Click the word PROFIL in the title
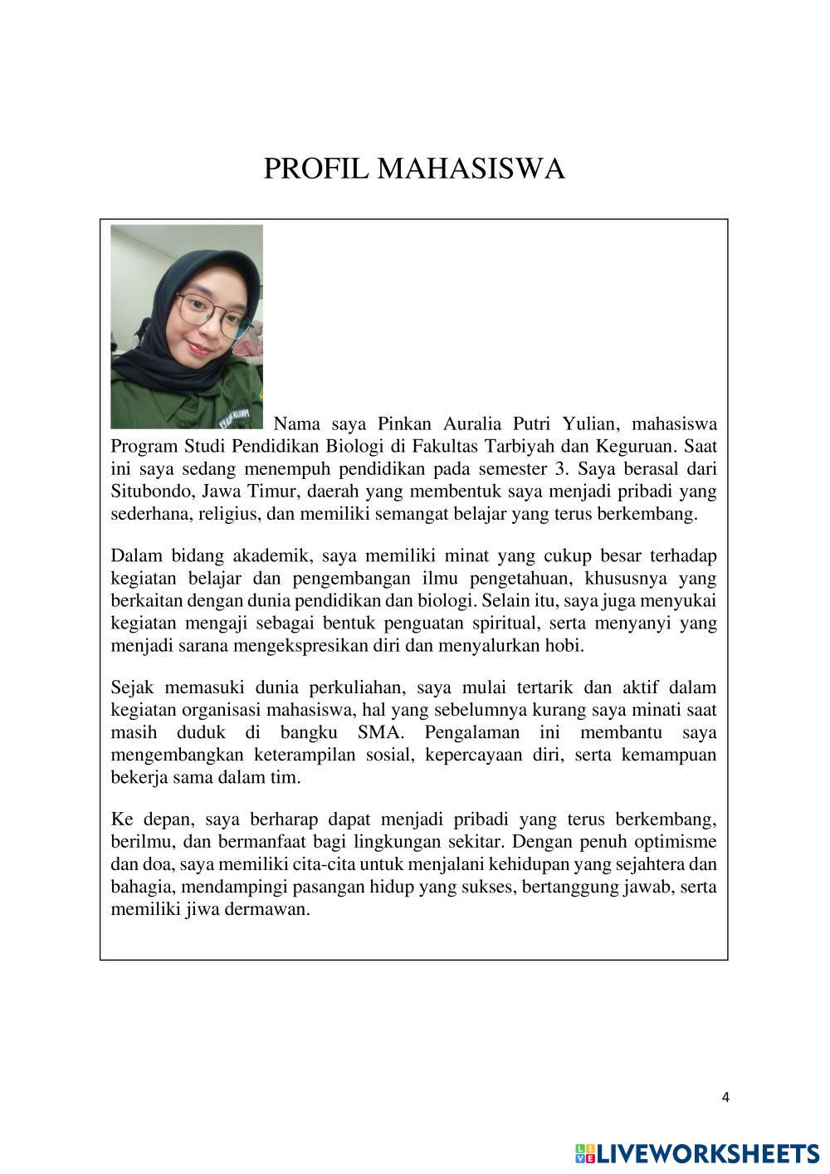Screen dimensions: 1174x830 click(x=316, y=169)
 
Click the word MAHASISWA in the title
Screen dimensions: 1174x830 click(x=471, y=169)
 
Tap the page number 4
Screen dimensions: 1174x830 click(x=725, y=1098)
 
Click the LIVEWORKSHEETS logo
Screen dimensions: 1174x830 click(x=696, y=1153)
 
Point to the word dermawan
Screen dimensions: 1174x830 click(x=266, y=909)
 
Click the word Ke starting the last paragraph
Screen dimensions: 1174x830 click(x=122, y=820)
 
